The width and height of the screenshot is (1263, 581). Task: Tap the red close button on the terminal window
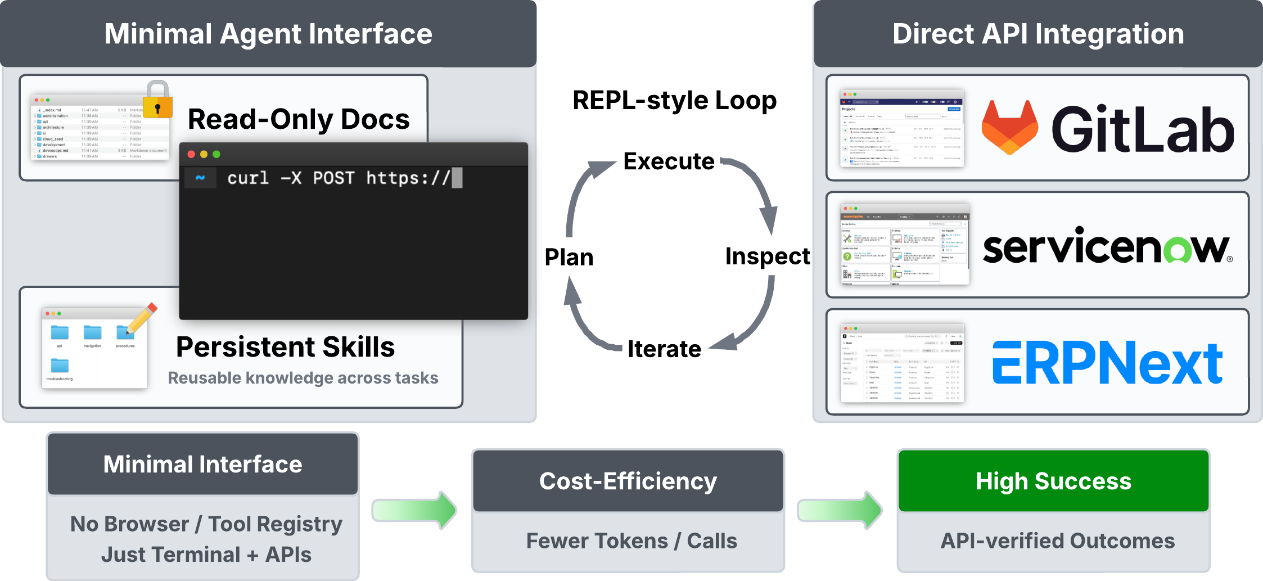coord(191,154)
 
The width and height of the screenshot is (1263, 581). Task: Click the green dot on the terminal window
coord(216,154)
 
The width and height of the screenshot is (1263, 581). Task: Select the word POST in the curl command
coord(333,178)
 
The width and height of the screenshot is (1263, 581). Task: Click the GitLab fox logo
coord(1009,128)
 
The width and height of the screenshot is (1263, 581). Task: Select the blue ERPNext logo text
coord(1107,363)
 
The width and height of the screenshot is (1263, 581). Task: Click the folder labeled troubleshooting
coord(60,367)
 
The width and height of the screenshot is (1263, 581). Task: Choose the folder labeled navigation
coord(92,334)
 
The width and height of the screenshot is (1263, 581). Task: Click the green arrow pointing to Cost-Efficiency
coord(414,510)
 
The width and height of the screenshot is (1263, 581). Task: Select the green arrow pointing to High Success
coord(840,510)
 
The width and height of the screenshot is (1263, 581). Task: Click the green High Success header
coord(1053,481)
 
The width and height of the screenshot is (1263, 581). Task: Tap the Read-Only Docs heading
coord(299,119)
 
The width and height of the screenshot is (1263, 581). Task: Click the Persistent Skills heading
coord(285,346)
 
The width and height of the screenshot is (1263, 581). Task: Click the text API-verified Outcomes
coord(1057,541)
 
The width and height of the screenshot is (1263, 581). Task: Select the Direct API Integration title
coord(1038,34)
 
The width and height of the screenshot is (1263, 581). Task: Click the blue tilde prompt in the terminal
coord(200,178)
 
